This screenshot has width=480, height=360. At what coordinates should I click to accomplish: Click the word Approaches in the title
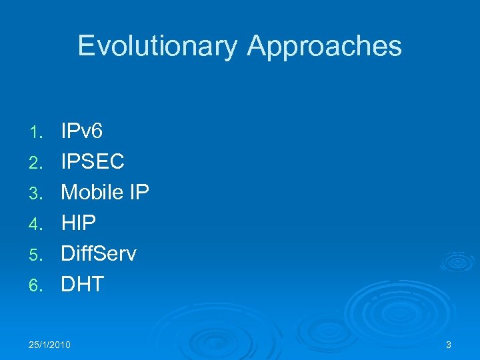tap(325, 46)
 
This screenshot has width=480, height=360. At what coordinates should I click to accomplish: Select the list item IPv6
tap(81, 131)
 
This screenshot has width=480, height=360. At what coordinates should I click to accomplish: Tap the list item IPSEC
tap(93, 161)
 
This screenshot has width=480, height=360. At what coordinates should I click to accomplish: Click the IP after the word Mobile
tap(139, 192)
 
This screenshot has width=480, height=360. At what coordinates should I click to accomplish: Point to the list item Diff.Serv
tap(99, 253)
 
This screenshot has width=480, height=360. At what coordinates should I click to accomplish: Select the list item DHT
tap(83, 284)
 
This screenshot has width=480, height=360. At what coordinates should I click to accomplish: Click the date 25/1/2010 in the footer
tap(50, 345)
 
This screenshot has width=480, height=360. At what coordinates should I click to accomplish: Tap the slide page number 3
tap(449, 345)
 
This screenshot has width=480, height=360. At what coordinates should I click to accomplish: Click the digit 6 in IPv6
tap(97, 131)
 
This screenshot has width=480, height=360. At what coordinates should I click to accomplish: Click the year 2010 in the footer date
tap(60, 345)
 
